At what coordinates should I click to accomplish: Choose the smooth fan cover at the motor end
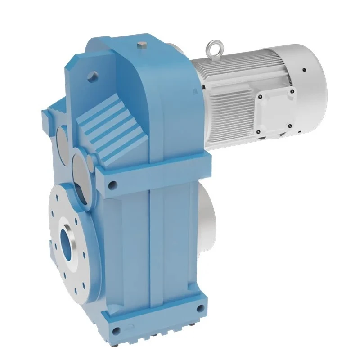tap(310, 90)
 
